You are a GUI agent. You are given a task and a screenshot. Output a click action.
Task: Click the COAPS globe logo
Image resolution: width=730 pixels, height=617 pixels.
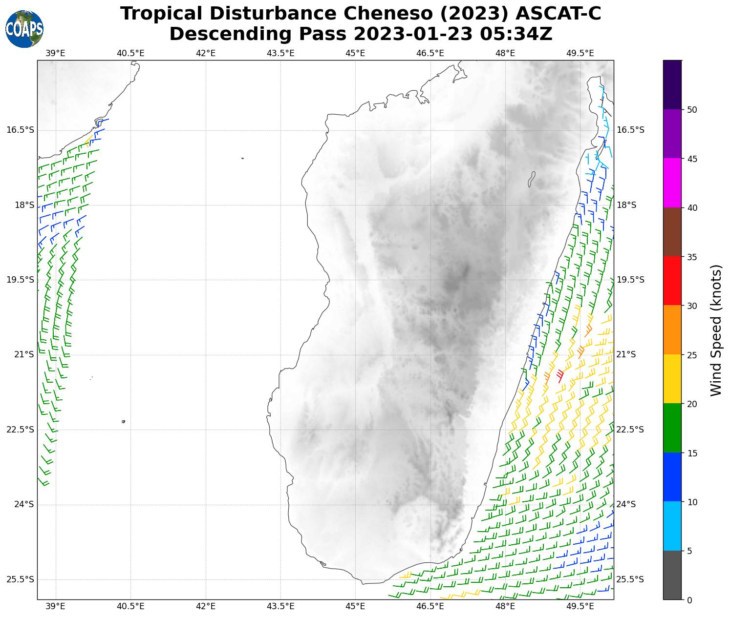pos(24,29)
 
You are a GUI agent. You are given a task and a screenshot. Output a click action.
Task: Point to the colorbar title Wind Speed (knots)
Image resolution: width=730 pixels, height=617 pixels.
pos(716,330)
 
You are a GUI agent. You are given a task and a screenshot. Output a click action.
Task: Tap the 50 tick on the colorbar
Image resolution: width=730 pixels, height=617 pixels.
pos(691,110)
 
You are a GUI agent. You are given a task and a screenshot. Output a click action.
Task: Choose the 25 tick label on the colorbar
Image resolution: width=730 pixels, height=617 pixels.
pos(691,355)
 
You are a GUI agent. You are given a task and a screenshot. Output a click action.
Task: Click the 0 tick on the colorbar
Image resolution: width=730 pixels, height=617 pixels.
pos(689,600)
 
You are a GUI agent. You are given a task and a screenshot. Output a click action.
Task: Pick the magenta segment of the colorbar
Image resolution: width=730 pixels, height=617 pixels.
pos(672,183)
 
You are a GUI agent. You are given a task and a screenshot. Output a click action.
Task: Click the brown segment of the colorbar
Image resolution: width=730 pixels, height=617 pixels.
pos(672,232)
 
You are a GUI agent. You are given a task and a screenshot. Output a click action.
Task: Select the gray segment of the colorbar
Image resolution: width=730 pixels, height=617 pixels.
pos(672,575)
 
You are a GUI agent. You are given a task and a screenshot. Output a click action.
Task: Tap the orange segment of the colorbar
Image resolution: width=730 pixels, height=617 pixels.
pos(672,330)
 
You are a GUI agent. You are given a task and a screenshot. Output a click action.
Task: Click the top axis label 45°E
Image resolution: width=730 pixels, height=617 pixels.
pos(355,53)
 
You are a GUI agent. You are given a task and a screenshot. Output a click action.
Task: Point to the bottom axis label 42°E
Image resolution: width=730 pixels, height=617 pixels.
pos(206,606)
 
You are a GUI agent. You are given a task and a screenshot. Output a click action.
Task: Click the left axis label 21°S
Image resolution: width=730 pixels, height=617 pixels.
pos(24,354)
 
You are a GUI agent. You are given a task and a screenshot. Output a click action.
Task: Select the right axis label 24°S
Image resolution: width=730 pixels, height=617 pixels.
pos(627,504)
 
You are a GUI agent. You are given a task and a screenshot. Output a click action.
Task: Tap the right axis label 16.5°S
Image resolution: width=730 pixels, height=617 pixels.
pos(630,130)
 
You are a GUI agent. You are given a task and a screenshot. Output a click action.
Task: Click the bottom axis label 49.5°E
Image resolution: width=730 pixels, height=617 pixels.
pos(580,606)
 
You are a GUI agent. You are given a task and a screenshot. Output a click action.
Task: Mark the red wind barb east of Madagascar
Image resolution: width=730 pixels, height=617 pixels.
pos(560,375)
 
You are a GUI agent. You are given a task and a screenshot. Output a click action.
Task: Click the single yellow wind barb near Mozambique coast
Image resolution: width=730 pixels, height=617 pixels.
pos(88,142)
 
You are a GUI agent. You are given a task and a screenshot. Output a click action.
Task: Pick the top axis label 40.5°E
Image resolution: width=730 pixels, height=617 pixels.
pos(130,53)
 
